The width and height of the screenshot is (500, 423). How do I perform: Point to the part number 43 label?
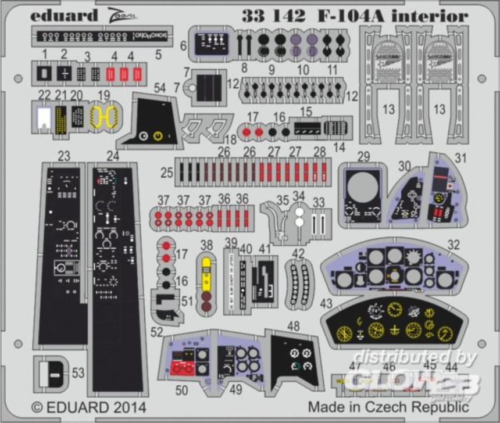tap(326, 303)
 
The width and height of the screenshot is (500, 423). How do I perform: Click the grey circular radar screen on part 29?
tap(363, 187)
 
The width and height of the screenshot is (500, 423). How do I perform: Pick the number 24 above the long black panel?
tap(113, 156)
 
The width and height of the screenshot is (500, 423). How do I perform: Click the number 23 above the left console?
tap(64, 156)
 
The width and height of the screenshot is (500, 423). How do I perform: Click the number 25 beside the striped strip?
tap(167, 173)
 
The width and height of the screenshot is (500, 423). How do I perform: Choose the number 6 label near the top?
tap(183, 45)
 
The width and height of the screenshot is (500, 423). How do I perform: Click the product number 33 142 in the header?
tap(273, 16)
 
